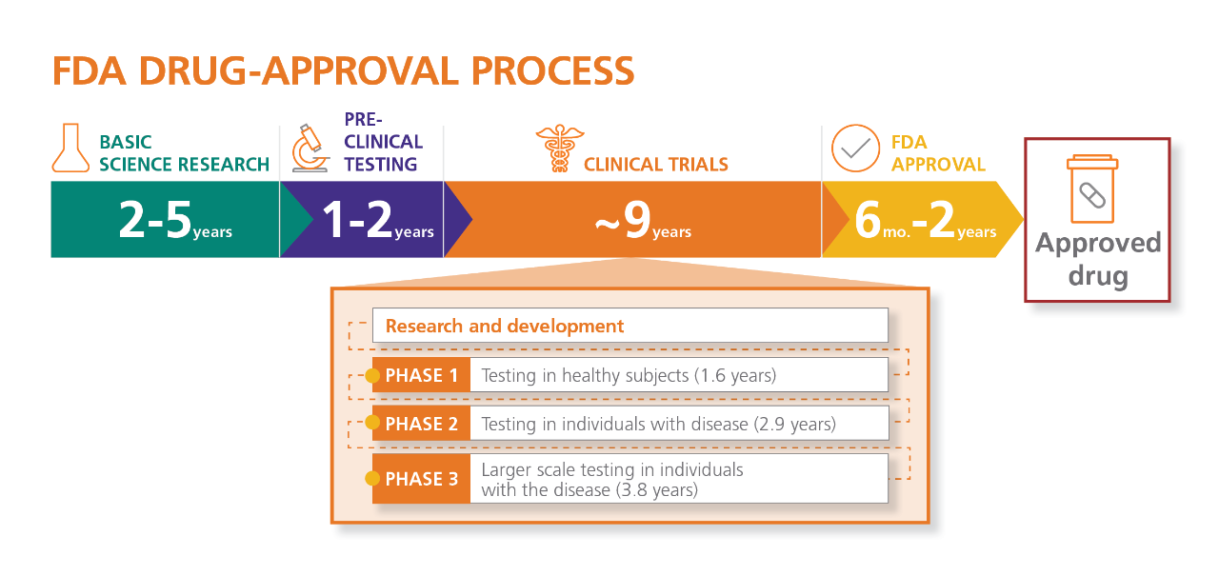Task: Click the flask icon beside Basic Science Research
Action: tap(70, 148)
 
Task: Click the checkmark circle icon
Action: tap(855, 149)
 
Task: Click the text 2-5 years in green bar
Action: tap(174, 221)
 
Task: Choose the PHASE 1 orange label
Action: tap(421, 376)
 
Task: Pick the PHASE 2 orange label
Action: tap(421, 424)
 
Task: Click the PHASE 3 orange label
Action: tap(421, 479)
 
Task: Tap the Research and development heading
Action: tap(505, 327)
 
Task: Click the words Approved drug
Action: tap(1097, 259)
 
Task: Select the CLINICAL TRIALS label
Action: tap(655, 165)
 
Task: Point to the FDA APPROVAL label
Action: tap(938, 153)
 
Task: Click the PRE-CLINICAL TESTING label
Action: tap(383, 142)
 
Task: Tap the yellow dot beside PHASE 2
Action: tap(372, 423)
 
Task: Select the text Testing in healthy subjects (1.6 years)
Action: tap(629, 375)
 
